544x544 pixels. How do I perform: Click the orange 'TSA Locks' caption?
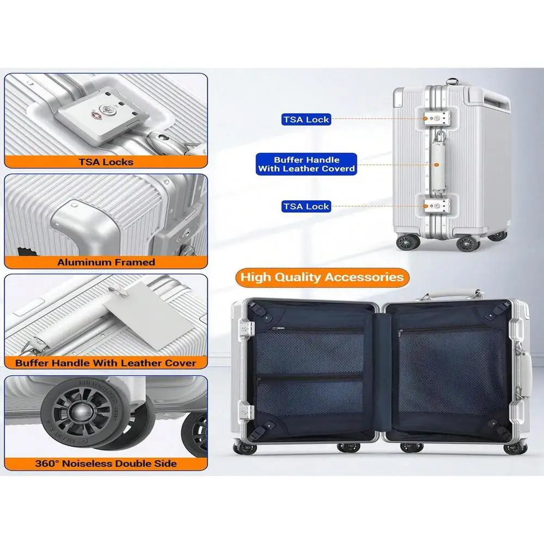coord(106,162)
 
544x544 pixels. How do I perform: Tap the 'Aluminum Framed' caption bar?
coord(106,262)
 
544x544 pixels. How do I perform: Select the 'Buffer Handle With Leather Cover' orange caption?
coord(106,362)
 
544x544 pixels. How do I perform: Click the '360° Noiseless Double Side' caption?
coord(106,463)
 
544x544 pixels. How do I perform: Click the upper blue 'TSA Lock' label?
coord(306,119)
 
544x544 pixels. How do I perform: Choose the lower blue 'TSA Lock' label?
coord(306,207)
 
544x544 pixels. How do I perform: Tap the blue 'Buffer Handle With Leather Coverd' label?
coord(306,164)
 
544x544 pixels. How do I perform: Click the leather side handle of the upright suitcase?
coord(438,161)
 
